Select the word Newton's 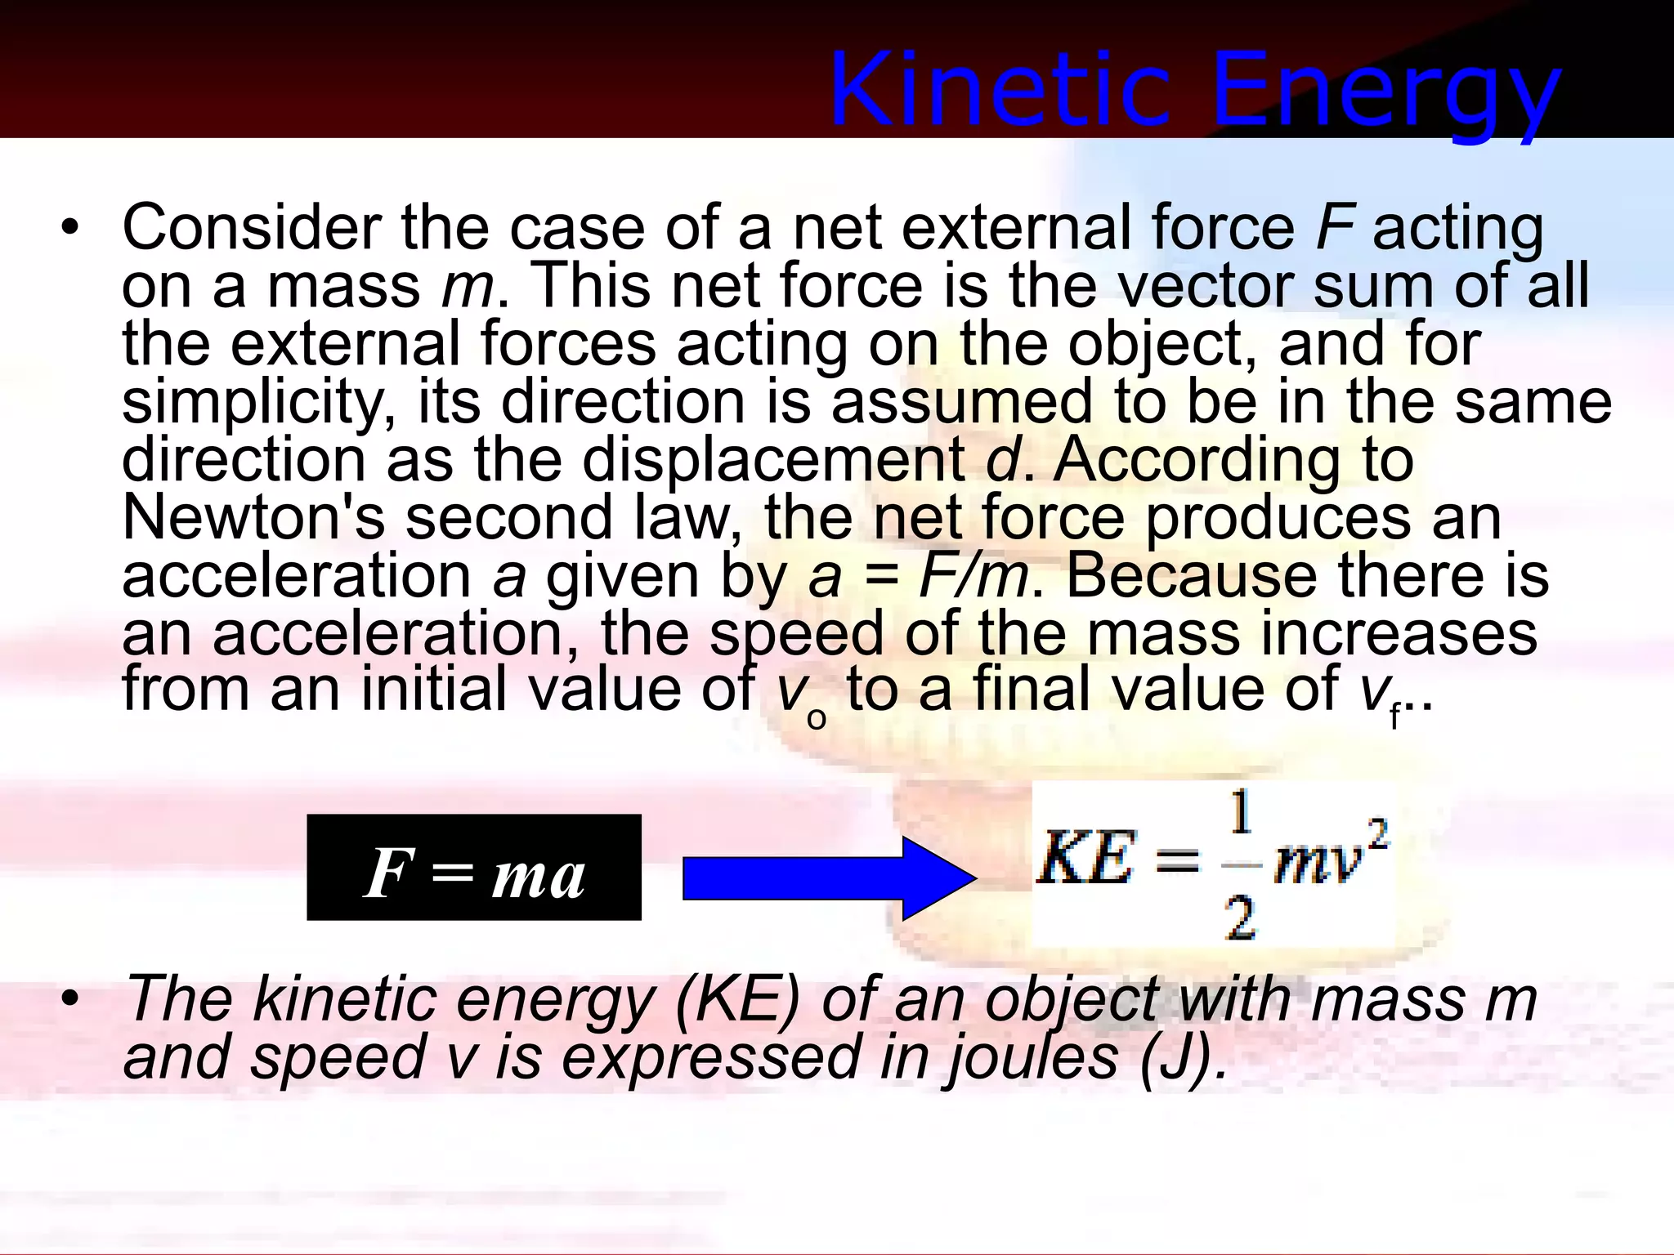253,518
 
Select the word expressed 710,1058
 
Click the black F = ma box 474,868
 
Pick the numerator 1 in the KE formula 1241,814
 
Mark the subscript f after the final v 1394,716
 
